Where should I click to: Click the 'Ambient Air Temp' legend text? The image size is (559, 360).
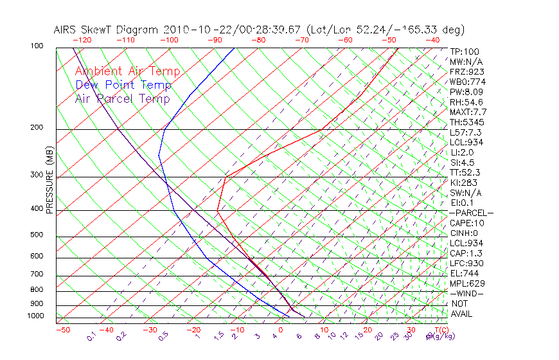coord(127,71)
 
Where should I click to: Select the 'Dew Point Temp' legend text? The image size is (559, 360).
coord(123,85)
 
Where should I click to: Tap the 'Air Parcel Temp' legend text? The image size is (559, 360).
coord(122,98)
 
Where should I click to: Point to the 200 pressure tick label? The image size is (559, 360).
coord(37,127)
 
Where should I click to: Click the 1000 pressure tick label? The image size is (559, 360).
coord(35,316)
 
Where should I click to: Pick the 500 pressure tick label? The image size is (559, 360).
coord(37,235)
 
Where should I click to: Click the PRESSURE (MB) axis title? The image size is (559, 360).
coord(49,180)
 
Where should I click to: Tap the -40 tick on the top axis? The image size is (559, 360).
coord(433,40)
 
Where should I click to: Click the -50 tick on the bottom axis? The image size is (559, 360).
coord(62,330)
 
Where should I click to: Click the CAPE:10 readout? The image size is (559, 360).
coord(466,223)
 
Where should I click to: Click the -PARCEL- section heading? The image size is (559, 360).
coord(471,213)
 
